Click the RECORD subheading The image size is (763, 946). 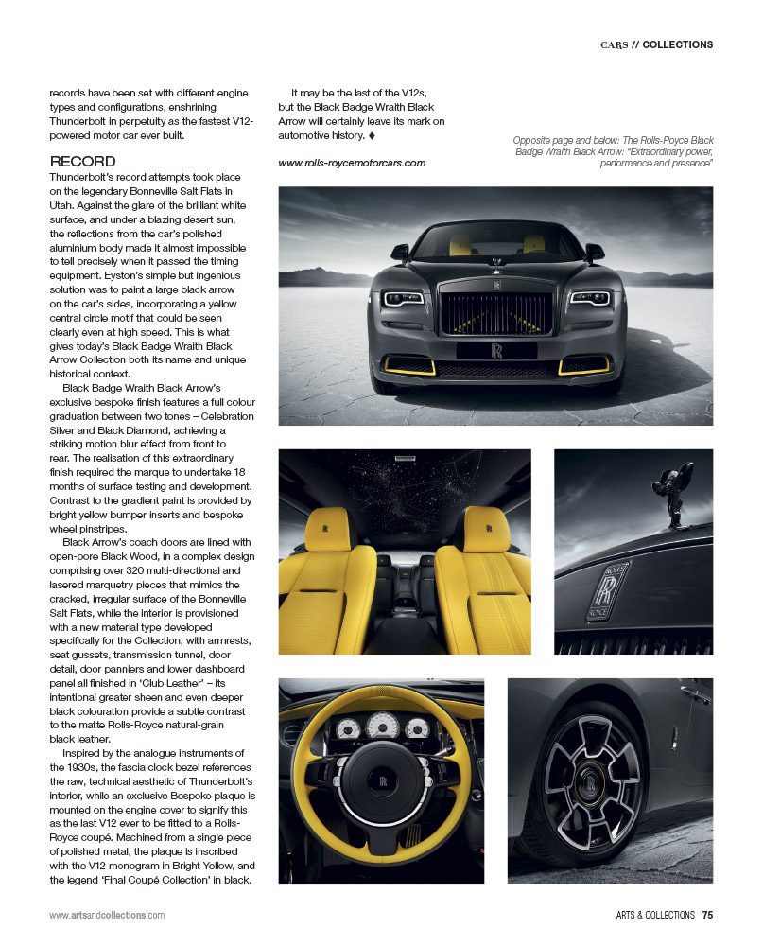click(x=83, y=162)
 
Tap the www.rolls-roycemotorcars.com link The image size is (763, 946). click(x=352, y=163)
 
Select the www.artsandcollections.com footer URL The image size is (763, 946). click(x=107, y=915)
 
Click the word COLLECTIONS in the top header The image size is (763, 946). click(x=677, y=44)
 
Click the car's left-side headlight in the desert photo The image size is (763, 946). click(x=404, y=299)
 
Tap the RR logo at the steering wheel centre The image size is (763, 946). click(x=385, y=782)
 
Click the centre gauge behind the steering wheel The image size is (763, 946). click(x=383, y=726)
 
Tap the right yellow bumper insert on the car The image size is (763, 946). click(x=584, y=364)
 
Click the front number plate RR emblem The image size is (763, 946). click(x=496, y=350)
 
